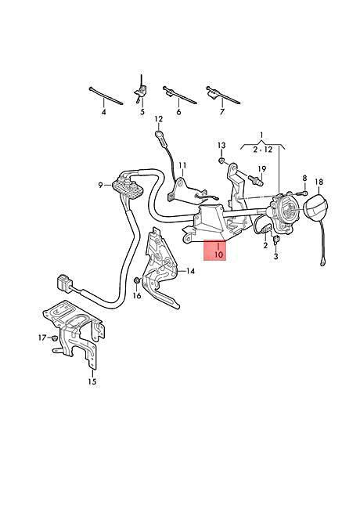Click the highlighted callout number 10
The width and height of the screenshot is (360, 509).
click(x=219, y=254)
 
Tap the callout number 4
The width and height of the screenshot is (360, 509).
click(x=103, y=112)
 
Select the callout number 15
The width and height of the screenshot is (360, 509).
click(x=92, y=381)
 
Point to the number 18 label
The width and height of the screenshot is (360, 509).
click(x=319, y=182)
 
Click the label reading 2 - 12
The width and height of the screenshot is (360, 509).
click(x=263, y=150)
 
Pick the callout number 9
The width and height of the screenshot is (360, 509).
click(x=101, y=185)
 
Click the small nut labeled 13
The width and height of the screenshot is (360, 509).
click(x=221, y=160)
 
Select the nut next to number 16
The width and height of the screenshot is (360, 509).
click(x=136, y=280)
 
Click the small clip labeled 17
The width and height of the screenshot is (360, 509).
click(x=54, y=338)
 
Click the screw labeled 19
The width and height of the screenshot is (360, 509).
click(x=256, y=180)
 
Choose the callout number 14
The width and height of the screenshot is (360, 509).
click(x=190, y=271)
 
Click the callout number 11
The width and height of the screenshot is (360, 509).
click(x=182, y=166)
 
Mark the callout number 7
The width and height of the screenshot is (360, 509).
click(x=222, y=112)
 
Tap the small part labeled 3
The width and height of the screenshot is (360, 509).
click(x=276, y=240)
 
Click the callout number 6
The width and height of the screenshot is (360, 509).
click(x=178, y=112)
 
